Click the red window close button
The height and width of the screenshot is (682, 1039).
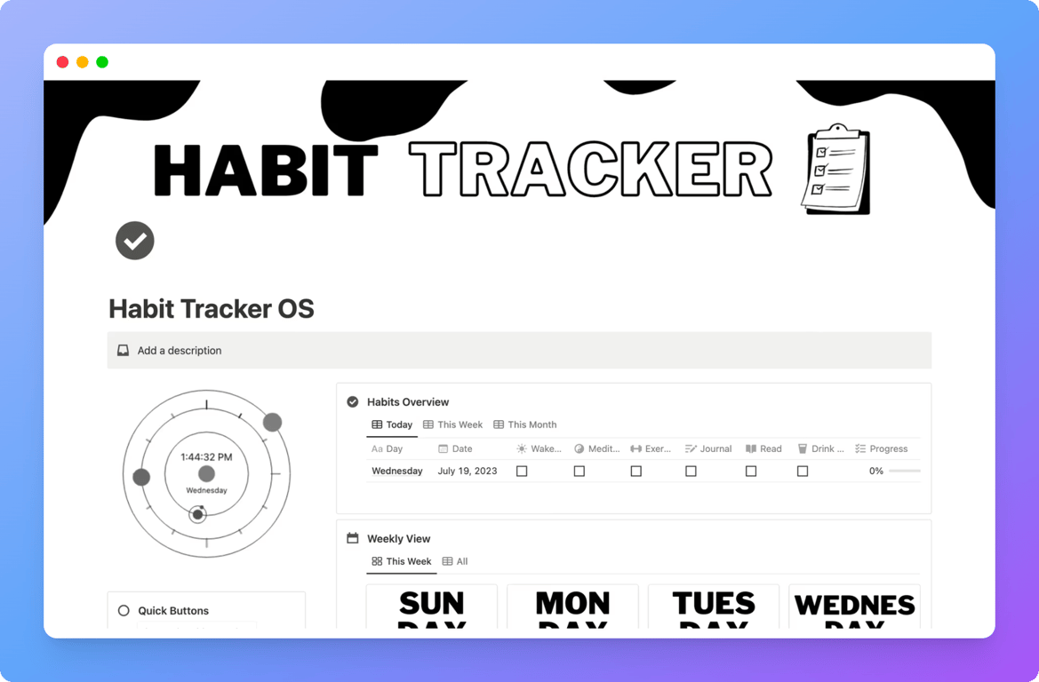tap(62, 62)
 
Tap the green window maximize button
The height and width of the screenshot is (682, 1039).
tap(102, 62)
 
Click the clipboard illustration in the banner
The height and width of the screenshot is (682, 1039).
tap(835, 169)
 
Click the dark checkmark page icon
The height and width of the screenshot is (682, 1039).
tap(135, 241)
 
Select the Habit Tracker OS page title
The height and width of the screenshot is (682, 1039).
tap(211, 309)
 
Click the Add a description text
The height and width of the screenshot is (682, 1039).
tap(179, 351)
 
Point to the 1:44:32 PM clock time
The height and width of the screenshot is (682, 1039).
tap(206, 457)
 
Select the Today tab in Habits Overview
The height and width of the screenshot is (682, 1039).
tap(392, 424)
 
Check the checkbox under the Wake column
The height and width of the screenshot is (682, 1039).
tap(522, 472)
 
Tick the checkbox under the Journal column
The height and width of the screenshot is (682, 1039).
tap(691, 472)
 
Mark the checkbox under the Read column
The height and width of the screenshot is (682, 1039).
tap(751, 472)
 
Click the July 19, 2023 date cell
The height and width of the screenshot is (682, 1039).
tap(468, 472)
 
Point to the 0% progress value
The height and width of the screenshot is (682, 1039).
tap(875, 472)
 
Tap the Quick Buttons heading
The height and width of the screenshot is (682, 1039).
tap(173, 611)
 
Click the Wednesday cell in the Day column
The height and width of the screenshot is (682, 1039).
tap(396, 472)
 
